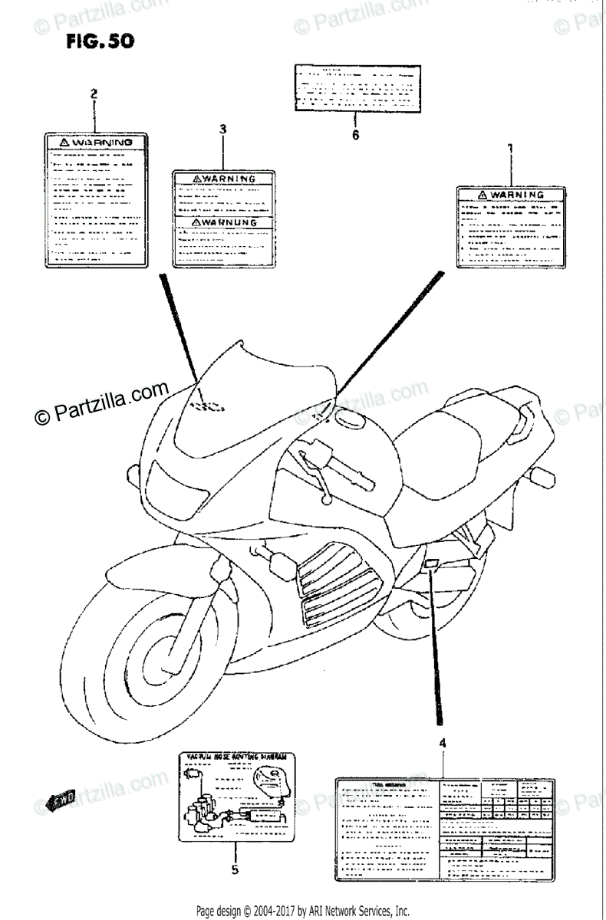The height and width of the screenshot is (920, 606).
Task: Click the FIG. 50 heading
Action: [100, 41]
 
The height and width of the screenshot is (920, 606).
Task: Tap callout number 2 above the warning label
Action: [94, 94]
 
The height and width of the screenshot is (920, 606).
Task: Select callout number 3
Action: [222, 130]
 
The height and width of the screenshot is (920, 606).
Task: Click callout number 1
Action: [510, 149]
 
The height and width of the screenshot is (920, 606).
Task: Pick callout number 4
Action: [443, 742]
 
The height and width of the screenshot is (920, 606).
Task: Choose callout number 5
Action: [235, 869]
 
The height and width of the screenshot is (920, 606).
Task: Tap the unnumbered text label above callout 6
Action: [354, 87]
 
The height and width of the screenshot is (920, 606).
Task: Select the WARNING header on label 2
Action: [94, 143]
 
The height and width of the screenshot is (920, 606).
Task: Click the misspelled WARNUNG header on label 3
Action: [223, 222]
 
